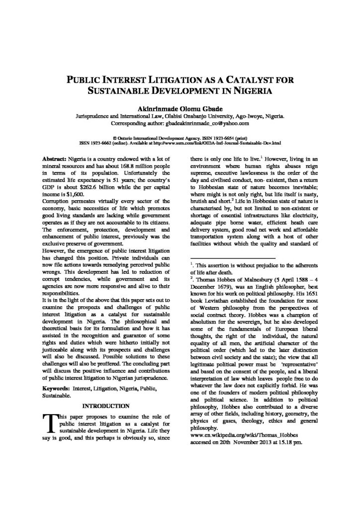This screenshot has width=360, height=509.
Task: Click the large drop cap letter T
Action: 49,423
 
